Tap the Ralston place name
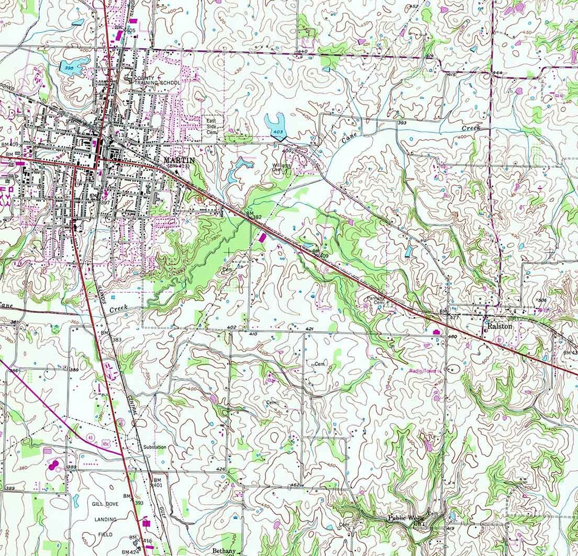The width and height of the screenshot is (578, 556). pyautogui.click(x=495, y=325)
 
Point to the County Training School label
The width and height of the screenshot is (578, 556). pyautogui.click(x=157, y=80)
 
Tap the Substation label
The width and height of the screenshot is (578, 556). pyautogui.click(x=155, y=447)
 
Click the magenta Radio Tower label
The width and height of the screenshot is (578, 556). pyautogui.click(x=423, y=371)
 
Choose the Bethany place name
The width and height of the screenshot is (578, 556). pyautogui.click(x=225, y=551)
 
